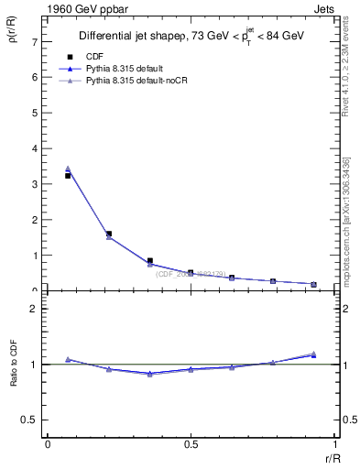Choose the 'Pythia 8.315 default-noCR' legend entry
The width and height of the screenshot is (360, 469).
point(135,81)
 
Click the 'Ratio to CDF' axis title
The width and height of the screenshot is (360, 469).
point(14,380)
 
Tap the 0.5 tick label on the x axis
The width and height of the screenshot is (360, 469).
point(191,445)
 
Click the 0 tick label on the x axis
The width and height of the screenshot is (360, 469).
point(47,445)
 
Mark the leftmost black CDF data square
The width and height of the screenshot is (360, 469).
point(69,175)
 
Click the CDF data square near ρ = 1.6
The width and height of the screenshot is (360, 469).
point(109,234)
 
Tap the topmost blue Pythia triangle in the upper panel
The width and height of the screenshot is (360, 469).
point(69,169)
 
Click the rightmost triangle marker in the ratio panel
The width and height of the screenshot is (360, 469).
point(313,354)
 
